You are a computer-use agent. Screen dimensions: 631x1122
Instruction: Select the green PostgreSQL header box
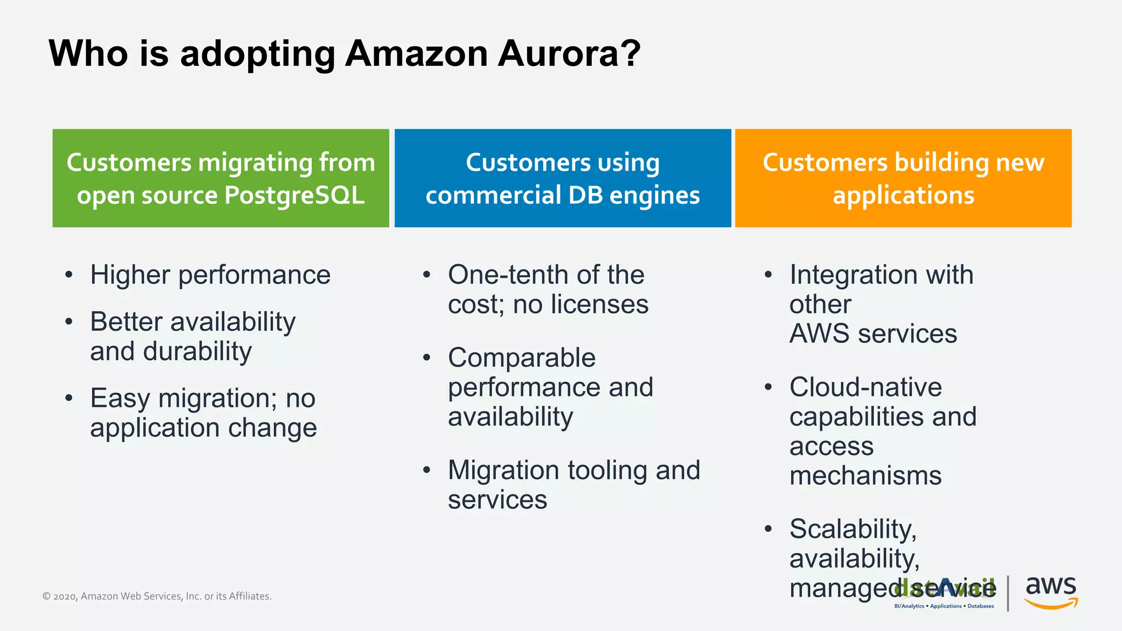[221, 178]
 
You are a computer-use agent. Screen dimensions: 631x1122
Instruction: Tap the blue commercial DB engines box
[563, 178]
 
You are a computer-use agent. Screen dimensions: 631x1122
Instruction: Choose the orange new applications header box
[903, 178]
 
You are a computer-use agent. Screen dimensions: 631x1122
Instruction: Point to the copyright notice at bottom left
[157, 596]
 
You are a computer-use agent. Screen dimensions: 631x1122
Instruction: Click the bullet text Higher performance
[210, 275]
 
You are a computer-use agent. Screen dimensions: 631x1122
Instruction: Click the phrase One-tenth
[508, 275]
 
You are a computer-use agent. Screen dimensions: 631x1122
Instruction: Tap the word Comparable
[522, 358]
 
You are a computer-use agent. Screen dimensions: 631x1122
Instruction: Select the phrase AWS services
[873, 334]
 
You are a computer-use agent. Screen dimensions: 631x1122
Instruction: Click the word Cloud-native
[866, 388]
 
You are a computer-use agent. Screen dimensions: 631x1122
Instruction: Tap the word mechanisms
[866, 476]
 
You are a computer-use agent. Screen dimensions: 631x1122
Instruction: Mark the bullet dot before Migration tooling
[427, 470]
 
